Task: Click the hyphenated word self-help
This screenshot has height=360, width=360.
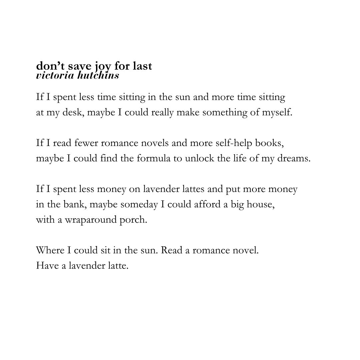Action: (236, 143)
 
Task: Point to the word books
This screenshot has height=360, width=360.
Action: (269, 143)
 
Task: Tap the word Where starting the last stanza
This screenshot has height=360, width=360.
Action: (47, 250)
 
